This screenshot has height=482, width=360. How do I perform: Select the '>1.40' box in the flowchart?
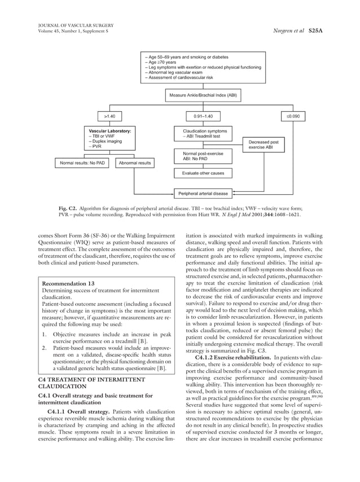(x=109, y=116)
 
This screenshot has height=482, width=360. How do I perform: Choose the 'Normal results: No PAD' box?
(x=83, y=164)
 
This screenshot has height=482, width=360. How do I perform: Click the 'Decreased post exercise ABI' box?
(x=264, y=145)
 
